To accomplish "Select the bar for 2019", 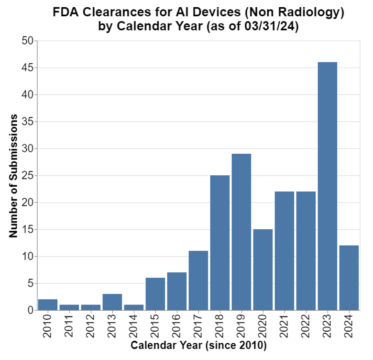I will (241, 232).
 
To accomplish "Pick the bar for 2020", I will (263, 270).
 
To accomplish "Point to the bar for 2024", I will (349, 278).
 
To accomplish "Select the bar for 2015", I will (155, 294).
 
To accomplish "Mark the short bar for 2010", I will (48, 304).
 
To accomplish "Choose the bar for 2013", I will (112, 302).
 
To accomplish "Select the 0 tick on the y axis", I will (30, 310).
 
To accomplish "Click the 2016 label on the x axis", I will (177, 326).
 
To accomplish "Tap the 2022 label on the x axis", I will (307, 326).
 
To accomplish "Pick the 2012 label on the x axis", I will (91, 326).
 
